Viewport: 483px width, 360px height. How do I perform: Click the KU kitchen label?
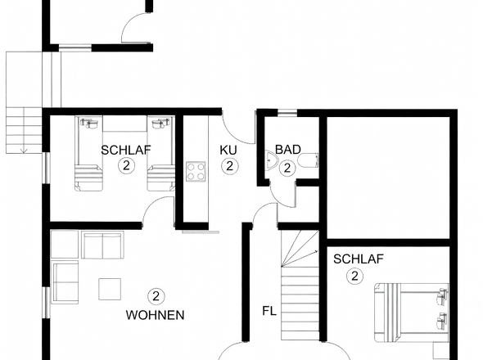pos(228,150)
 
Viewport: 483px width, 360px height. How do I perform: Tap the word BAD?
pos(287,150)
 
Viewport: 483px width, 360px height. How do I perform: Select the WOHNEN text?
pos(155,314)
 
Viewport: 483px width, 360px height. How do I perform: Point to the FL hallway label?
pos(269,311)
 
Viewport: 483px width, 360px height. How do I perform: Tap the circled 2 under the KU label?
pos(229,166)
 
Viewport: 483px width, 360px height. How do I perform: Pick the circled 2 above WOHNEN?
pos(155,296)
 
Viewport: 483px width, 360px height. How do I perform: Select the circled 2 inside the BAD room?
pos(287,168)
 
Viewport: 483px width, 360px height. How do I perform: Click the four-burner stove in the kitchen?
pos(196,171)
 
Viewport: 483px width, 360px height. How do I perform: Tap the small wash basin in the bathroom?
pos(273,161)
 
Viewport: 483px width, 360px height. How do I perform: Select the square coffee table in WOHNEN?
pos(110,289)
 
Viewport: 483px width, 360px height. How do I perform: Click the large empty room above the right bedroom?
pos(389,178)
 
